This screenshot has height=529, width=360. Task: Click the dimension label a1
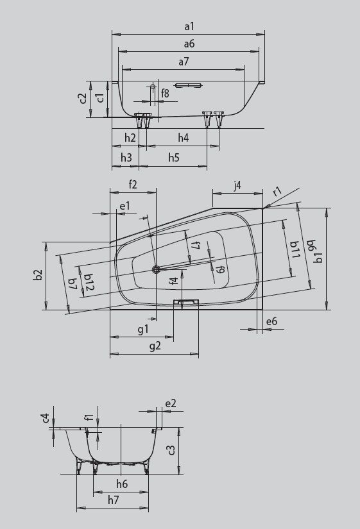tap(189, 26)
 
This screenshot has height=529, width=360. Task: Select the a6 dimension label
tap(189, 44)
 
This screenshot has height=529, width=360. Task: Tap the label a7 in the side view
tap(184, 62)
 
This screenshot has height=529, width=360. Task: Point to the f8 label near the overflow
tap(165, 94)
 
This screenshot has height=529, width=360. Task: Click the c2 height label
tap(83, 99)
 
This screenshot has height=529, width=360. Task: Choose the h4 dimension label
tap(183, 138)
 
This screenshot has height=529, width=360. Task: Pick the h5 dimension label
tap(174, 157)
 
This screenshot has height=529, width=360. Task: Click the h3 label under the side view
tap(126, 157)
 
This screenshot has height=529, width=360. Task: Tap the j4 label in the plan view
tap(237, 186)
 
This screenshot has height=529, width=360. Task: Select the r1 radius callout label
tap(277, 192)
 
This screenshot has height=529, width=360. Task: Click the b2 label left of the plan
tap(38, 274)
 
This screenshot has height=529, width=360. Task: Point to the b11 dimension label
tap(293, 249)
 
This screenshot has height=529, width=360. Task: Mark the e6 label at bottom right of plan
tap(271, 321)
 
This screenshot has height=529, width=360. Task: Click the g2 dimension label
tap(154, 346)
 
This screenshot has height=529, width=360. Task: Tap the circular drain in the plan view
tap(155, 269)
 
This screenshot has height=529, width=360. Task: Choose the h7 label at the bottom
tap(113, 500)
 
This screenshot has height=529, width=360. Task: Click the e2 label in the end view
tap(170, 403)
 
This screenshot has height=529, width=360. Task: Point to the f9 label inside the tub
tap(219, 269)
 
